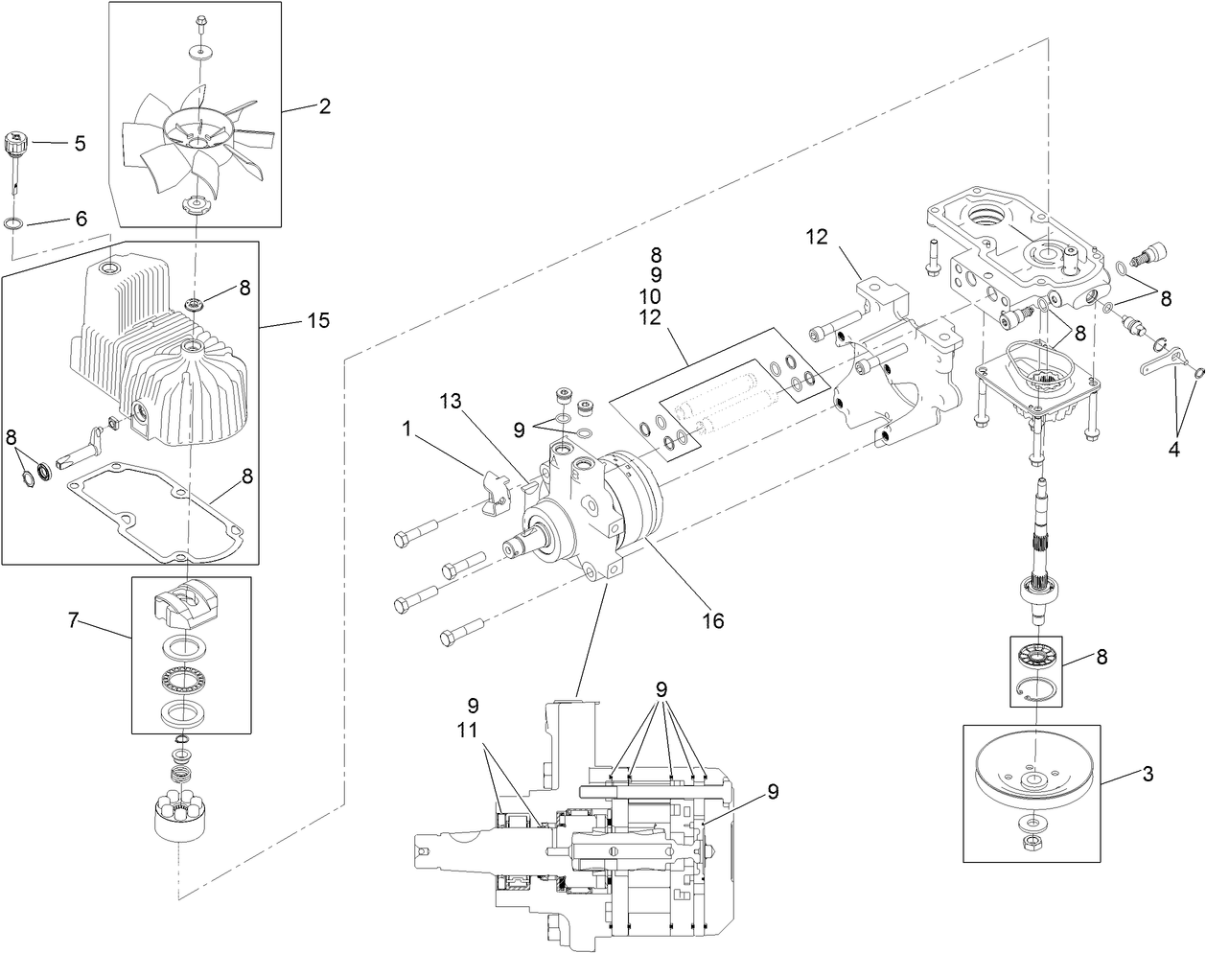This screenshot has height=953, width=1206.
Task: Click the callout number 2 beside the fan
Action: (324, 106)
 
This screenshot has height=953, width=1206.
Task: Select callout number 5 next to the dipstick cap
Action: (80, 143)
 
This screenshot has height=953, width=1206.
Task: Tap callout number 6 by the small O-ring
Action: (81, 219)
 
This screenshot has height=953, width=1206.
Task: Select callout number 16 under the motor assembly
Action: (711, 621)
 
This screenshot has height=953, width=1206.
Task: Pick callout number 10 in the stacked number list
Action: (656, 296)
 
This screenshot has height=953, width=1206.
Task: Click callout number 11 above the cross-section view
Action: (468, 729)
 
